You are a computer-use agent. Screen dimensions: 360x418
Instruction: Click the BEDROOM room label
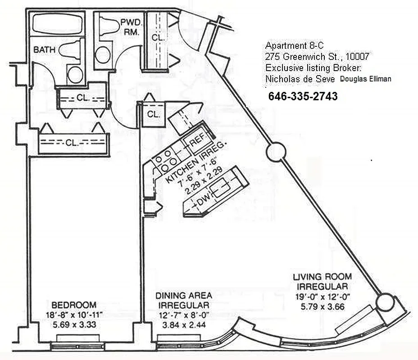[73, 305]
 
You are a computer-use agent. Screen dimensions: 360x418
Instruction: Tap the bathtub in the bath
[56, 24]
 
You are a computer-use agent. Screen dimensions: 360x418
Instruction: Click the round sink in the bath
[75, 74]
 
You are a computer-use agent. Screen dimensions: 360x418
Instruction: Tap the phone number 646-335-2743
[303, 96]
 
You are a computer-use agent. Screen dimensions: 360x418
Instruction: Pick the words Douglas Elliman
[365, 79]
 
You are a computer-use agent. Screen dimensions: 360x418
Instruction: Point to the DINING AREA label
[183, 296]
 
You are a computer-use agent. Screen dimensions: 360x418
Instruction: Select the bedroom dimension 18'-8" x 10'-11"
[73, 315]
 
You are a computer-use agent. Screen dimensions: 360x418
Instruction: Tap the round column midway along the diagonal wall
[274, 153]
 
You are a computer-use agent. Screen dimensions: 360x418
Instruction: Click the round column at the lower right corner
[385, 302]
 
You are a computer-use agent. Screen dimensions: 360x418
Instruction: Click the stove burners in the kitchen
[164, 162]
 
